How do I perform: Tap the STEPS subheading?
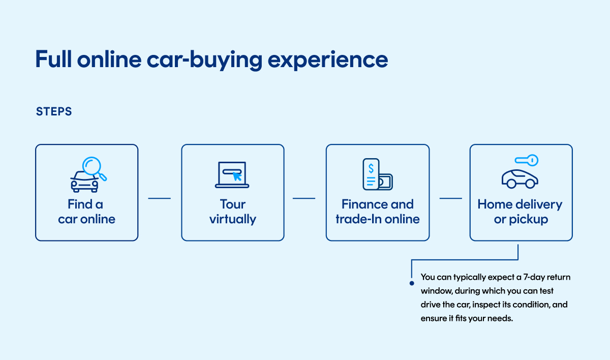coord(54,111)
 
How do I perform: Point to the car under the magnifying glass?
coord(84,182)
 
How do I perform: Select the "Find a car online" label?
coord(86,212)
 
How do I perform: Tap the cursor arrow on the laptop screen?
coord(237,177)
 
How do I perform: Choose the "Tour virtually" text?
coord(232,212)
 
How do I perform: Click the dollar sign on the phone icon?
coord(372,168)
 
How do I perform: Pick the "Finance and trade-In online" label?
coord(377,212)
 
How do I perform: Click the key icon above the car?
coord(527,161)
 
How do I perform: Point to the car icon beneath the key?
coord(520,179)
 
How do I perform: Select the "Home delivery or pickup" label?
coord(520,212)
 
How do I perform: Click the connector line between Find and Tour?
coord(159,198)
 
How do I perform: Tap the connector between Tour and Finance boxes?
coord(304,198)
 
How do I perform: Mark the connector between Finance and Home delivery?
coord(450,198)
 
